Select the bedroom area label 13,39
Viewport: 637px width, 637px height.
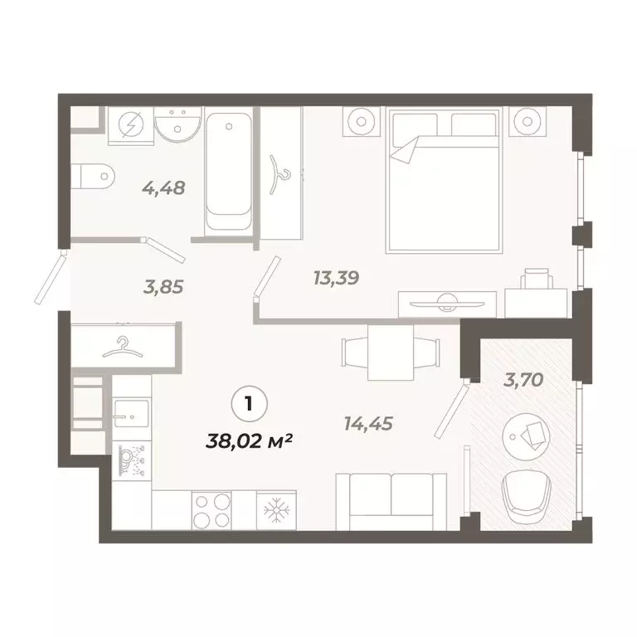(x=336, y=278)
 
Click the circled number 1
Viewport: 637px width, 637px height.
(x=246, y=404)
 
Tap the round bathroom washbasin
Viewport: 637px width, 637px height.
(x=178, y=127)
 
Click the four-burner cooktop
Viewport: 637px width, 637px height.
(x=212, y=508)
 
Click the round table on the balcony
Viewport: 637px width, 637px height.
(x=528, y=433)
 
